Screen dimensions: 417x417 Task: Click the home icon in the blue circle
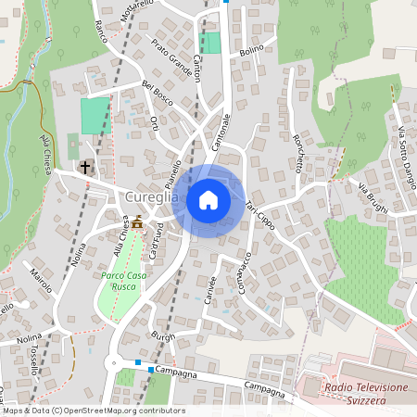pos(208,199)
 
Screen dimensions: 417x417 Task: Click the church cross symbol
pos(85,168)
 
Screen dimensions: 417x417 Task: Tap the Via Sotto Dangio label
pos(404,148)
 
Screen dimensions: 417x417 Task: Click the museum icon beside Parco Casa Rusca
pos(138,222)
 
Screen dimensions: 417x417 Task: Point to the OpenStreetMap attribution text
pos(93,411)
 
